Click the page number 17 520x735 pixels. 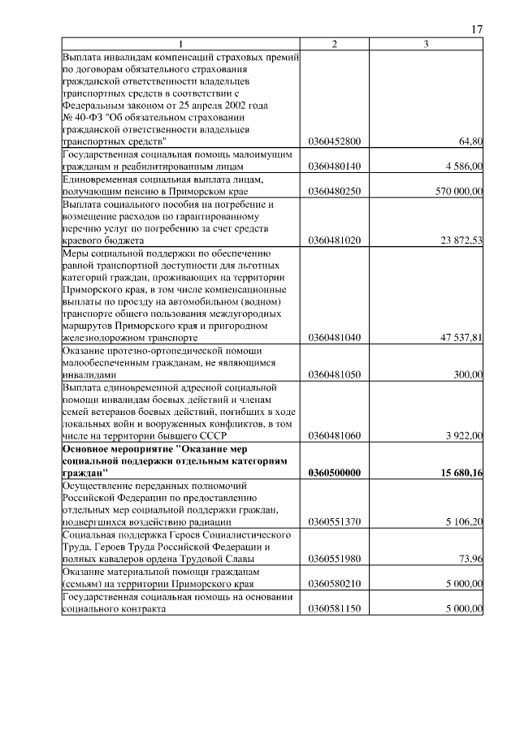(x=477, y=29)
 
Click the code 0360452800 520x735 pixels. (x=335, y=141)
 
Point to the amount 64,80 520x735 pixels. (x=470, y=141)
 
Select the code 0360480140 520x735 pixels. (x=335, y=166)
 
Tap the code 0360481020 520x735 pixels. (x=335, y=240)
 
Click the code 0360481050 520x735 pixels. (x=335, y=375)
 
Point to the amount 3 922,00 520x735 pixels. (x=464, y=437)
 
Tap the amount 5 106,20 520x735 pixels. (x=464, y=522)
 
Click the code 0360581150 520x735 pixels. (x=335, y=609)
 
